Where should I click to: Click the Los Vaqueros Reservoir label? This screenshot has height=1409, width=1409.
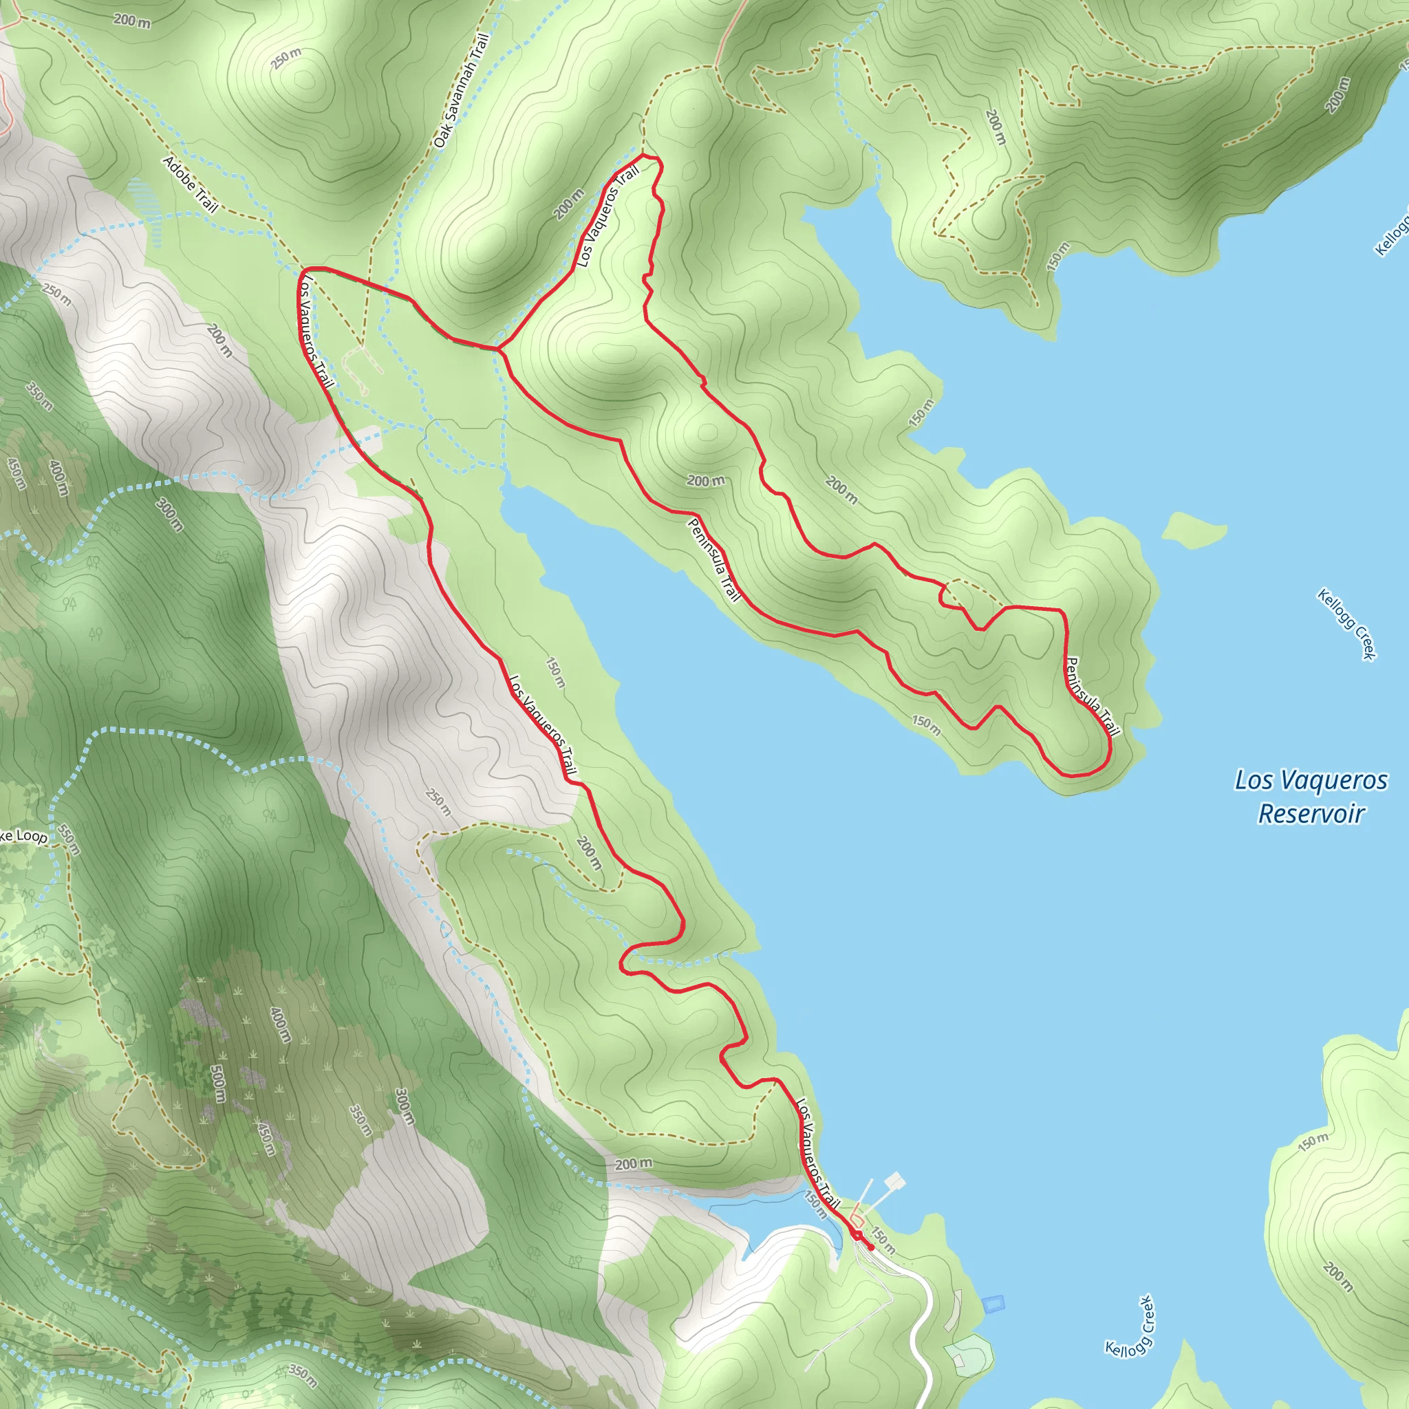(1310, 797)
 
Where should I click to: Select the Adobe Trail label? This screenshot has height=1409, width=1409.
(191, 184)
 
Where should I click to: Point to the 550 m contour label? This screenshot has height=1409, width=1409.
(68, 839)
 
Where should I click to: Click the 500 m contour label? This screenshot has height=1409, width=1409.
(217, 1084)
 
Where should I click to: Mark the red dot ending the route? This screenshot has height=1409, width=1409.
(870, 1248)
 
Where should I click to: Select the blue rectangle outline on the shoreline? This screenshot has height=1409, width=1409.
(993, 1304)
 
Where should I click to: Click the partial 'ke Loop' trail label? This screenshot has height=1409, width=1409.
(23, 837)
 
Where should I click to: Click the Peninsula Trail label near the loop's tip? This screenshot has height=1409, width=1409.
(1092, 696)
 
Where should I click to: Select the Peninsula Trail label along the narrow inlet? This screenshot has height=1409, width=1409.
(713, 560)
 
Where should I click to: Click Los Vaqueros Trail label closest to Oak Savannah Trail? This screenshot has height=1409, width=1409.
(607, 216)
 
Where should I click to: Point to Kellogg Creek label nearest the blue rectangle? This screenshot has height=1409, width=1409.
(1130, 1326)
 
